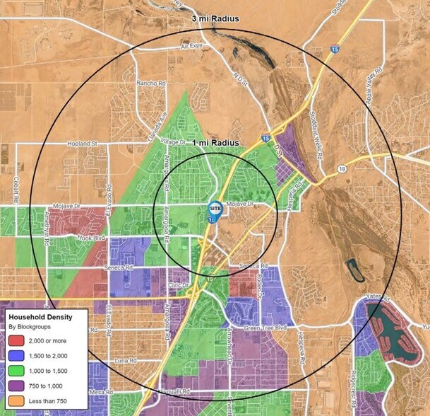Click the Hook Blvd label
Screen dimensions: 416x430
(90, 239)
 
